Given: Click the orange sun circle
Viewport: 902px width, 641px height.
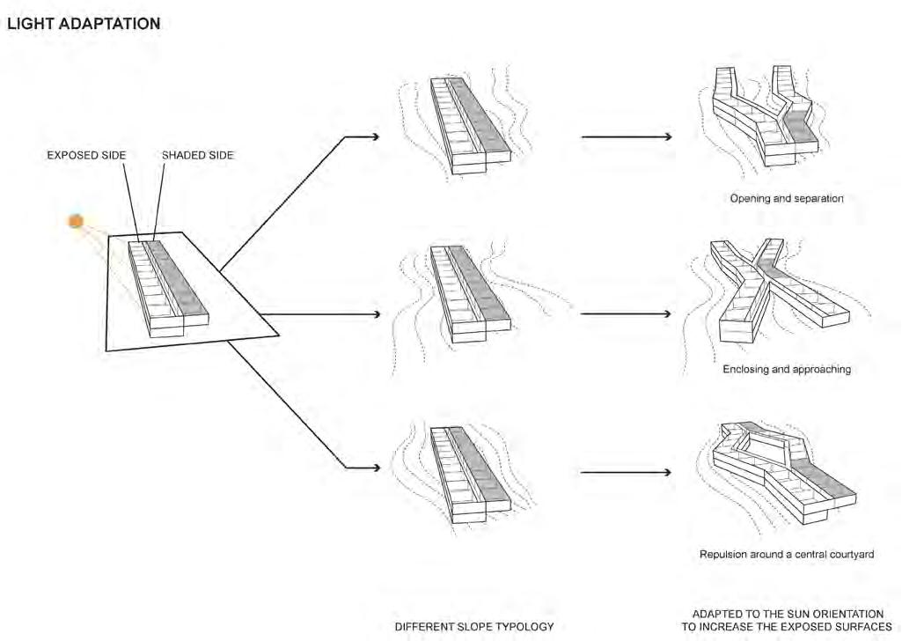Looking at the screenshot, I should (77, 221).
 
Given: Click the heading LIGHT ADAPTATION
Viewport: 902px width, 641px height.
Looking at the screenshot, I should (84, 25).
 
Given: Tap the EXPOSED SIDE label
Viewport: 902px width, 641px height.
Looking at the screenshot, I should (86, 155).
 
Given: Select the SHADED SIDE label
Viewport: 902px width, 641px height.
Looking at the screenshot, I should (198, 155).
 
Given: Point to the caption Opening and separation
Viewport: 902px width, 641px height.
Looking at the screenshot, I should (786, 198).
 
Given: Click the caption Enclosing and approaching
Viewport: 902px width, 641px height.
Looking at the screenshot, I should (786, 369).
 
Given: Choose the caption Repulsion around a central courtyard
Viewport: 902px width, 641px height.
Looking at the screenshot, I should (786, 555).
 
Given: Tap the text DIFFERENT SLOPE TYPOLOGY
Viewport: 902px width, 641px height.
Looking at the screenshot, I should (473, 627).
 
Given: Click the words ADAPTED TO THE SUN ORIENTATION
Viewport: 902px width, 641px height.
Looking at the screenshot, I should (787, 614).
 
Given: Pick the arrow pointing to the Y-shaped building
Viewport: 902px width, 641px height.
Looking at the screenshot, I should (627, 136).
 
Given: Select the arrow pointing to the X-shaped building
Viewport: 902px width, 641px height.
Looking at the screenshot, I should (627, 313).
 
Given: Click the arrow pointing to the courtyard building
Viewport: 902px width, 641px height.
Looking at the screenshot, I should (627, 473).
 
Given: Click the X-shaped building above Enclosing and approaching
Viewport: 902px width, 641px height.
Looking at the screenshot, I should (774, 291).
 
